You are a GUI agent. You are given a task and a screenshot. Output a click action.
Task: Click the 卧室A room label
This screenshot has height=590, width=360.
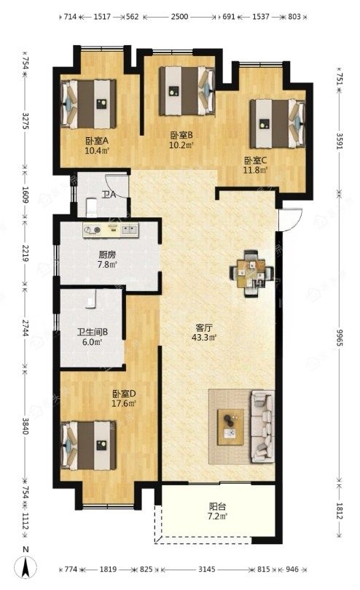[97, 141]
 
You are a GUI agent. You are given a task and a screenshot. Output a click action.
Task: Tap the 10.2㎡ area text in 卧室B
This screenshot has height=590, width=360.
[181, 145]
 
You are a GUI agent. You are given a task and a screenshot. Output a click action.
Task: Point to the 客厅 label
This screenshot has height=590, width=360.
[203, 327]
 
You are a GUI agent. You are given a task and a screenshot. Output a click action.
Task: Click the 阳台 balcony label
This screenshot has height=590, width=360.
[217, 506]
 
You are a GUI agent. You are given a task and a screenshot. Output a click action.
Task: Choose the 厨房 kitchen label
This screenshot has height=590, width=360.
[107, 255]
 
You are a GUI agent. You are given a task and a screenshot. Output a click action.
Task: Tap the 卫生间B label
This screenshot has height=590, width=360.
[93, 333]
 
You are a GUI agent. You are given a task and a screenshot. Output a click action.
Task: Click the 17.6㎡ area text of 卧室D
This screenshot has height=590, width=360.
[124, 403]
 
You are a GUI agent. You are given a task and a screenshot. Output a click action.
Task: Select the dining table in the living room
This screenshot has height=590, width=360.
[251, 273]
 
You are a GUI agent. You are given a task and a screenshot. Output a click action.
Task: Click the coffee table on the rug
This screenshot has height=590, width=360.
[230, 427]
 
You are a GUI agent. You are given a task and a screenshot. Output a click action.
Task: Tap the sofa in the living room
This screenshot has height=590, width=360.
[262, 426]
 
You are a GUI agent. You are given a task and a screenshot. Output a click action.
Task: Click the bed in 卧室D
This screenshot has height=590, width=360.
[88, 446]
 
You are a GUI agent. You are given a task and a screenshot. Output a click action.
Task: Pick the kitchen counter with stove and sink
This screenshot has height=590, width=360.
[111, 230]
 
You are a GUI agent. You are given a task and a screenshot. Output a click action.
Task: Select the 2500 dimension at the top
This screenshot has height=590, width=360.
[179, 17]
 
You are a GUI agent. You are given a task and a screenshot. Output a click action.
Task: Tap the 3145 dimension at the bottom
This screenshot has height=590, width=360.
[207, 570]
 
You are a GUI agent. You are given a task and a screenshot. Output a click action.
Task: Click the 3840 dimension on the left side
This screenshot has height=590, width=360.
[26, 426]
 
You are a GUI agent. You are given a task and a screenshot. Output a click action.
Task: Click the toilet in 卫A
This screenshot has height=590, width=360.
[92, 208]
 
